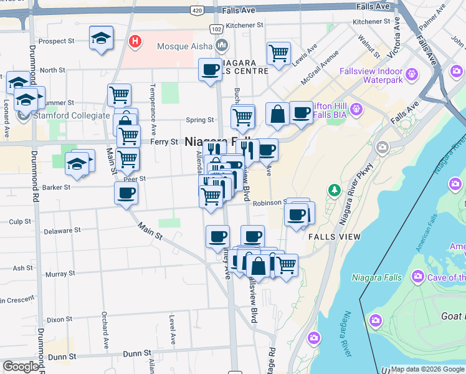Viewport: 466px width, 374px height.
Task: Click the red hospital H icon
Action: [x=134, y=42]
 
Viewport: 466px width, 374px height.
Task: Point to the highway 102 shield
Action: [x=216, y=29]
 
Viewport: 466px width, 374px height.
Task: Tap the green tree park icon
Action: [x=335, y=189]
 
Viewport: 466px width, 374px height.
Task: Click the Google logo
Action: [x=21, y=367]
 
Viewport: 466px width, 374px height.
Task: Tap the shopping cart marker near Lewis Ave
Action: [x=278, y=52]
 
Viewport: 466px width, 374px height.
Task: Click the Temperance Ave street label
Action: [x=153, y=119]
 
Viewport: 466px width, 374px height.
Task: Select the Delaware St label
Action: [x=62, y=230]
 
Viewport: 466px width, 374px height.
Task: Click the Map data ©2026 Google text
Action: [x=427, y=369]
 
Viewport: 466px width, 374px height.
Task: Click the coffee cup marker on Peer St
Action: [x=126, y=193]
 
